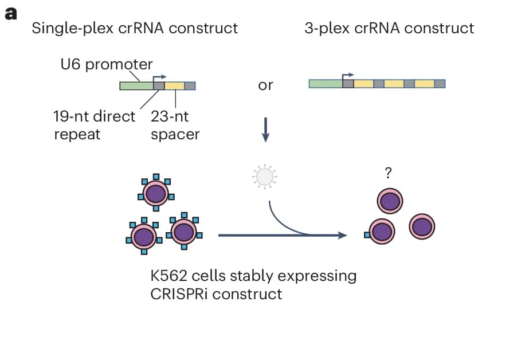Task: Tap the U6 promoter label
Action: click(107, 64)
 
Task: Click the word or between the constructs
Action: click(265, 86)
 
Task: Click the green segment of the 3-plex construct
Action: click(325, 84)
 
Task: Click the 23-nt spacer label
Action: click(175, 126)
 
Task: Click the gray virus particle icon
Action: click(264, 175)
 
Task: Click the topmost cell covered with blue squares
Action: click(155, 193)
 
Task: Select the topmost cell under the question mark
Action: click(390, 202)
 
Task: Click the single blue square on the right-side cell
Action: click(367, 234)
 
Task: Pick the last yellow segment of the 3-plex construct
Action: click(424, 84)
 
